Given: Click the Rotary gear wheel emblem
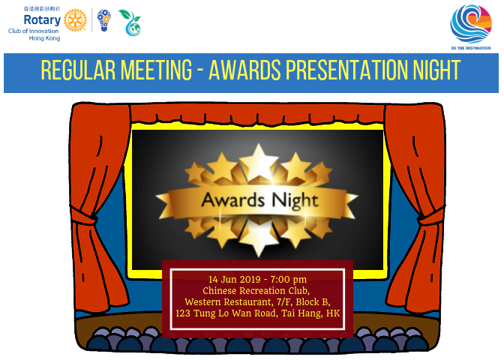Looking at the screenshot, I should (75, 21).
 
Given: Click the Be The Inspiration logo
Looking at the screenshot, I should (472, 25).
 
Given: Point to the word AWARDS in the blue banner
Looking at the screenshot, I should (244, 71).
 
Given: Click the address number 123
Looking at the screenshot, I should (184, 313).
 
